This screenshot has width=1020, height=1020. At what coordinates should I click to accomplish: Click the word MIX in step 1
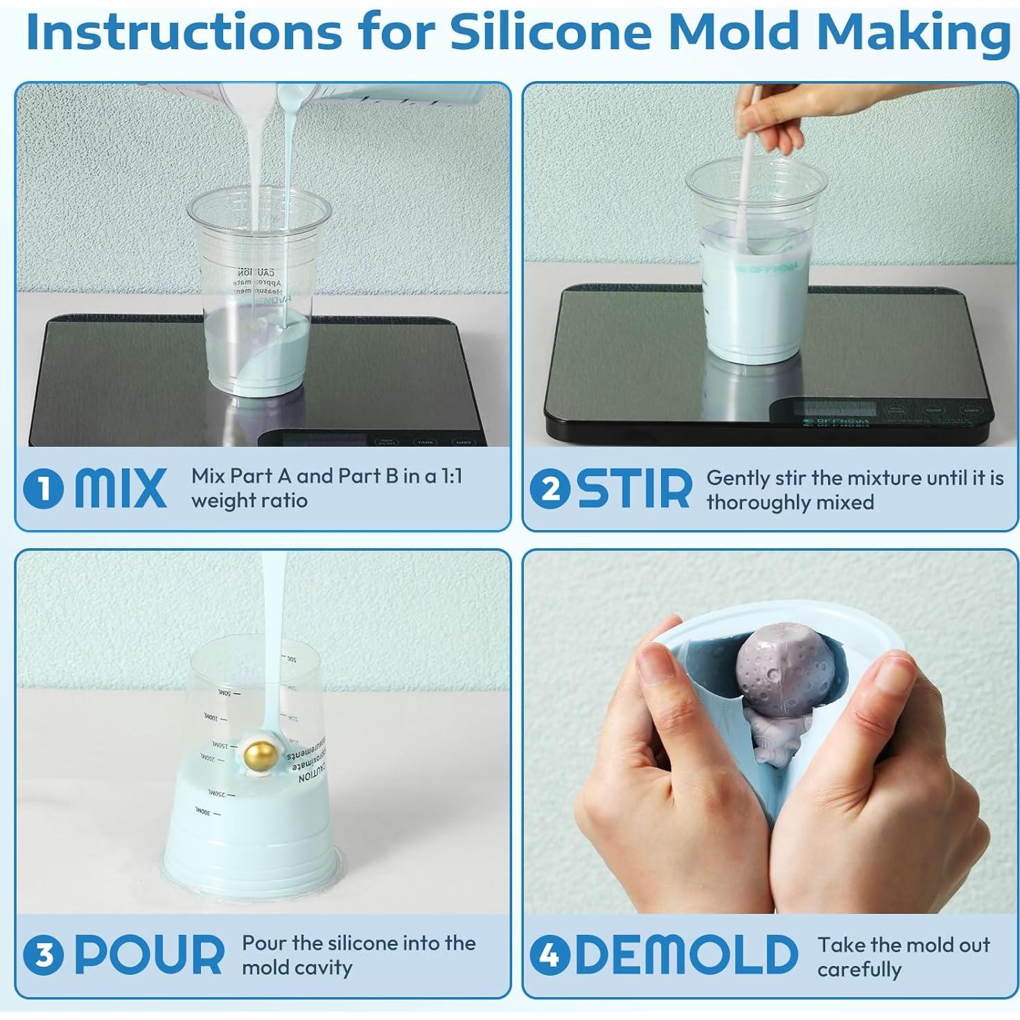(x=120, y=488)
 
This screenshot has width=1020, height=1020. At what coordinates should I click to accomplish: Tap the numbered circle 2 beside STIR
(x=549, y=489)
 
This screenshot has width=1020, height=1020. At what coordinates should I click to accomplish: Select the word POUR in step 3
(x=148, y=955)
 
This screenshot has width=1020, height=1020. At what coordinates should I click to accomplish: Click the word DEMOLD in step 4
(x=686, y=955)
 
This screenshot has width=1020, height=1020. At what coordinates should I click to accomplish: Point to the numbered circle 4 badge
(x=549, y=956)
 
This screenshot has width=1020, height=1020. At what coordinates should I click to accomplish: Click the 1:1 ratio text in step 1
(x=451, y=476)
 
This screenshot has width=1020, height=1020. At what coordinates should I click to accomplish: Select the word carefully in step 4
(x=859, y=969)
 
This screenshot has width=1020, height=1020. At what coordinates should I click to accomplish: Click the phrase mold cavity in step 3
(x=297, y=967)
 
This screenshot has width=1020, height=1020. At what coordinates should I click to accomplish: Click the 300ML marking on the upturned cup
(x=201, y=809)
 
